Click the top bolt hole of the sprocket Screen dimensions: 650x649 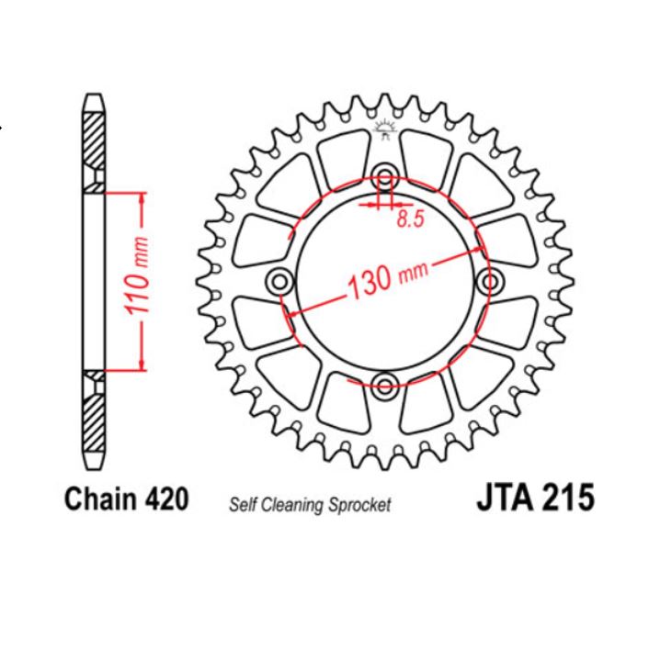(385, 177)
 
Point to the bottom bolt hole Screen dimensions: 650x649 (385, 382)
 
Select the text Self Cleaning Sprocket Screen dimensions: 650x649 (309, 504)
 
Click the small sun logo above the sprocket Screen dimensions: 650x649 (385, 129)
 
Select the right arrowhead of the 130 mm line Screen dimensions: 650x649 (477, 246)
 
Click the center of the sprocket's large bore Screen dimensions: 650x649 (385, 280)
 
